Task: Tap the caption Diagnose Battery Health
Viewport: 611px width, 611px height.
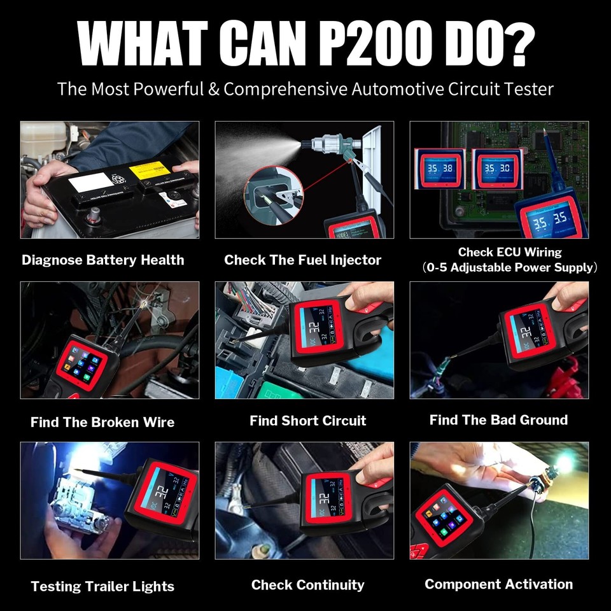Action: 102,260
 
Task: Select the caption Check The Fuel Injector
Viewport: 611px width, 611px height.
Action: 302,260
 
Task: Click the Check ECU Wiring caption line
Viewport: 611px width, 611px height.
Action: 510,252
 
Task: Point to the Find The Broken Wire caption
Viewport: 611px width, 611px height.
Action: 102,422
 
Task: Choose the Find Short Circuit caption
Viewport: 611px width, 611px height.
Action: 307,421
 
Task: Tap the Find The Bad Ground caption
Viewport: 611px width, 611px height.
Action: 498,420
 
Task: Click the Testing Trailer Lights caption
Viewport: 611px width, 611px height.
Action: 102,586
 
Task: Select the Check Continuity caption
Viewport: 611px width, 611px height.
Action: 307,585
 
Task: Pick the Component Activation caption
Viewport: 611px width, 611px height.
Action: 498,584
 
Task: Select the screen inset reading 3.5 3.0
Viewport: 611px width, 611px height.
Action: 497,169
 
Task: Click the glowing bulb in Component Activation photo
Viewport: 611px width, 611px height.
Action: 563,464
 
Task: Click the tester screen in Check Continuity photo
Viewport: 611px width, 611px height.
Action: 326,498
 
